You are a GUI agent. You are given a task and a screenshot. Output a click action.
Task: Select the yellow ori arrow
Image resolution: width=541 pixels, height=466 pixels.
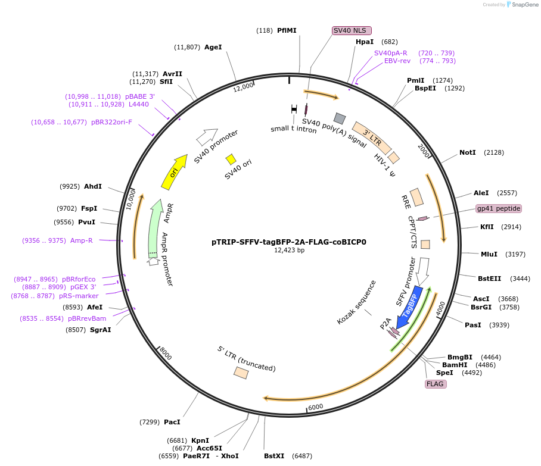[174, 171]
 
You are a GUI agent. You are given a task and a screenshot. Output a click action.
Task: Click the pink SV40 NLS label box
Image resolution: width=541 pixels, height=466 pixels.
[352, 30]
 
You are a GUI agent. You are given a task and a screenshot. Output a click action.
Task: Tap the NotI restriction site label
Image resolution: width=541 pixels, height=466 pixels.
[468, 152]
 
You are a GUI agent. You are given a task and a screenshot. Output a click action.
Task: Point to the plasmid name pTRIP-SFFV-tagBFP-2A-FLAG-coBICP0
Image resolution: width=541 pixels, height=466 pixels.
[289, 242]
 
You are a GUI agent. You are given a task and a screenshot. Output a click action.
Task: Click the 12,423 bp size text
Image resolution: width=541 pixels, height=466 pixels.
[289, 251]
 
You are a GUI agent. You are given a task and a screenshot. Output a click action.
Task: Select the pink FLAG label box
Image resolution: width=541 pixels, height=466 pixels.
[435, 384]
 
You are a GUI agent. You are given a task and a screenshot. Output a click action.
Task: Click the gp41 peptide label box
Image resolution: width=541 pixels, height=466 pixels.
[499, 208]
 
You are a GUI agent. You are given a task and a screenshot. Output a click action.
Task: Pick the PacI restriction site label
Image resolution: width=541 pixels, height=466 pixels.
[172, 422]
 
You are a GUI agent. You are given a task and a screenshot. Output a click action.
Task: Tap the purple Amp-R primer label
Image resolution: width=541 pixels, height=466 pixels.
[82, 240]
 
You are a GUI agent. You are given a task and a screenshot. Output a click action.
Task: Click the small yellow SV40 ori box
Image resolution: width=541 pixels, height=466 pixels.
[231, 159]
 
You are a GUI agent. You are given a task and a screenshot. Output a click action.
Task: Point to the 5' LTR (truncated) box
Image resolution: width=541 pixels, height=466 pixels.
[241, 373]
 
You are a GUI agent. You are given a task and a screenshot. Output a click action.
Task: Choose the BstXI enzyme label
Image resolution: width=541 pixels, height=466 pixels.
[275, 456]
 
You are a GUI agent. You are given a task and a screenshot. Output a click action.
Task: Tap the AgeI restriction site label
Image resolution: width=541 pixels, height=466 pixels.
[213, 46]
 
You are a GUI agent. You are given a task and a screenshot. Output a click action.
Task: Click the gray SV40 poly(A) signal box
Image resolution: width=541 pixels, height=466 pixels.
[340, 118]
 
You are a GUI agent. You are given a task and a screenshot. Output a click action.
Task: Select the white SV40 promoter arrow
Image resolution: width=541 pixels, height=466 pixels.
[207, 137]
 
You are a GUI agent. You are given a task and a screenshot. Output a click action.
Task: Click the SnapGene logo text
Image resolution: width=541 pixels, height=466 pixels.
[524, 5]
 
